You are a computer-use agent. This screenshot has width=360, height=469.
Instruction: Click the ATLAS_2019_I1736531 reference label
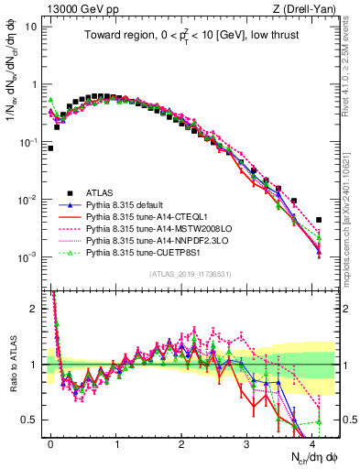pyautogui.click(x=189, y=274)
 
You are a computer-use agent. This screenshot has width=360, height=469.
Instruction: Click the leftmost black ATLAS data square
pyautogui.click(x=50, y=147)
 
